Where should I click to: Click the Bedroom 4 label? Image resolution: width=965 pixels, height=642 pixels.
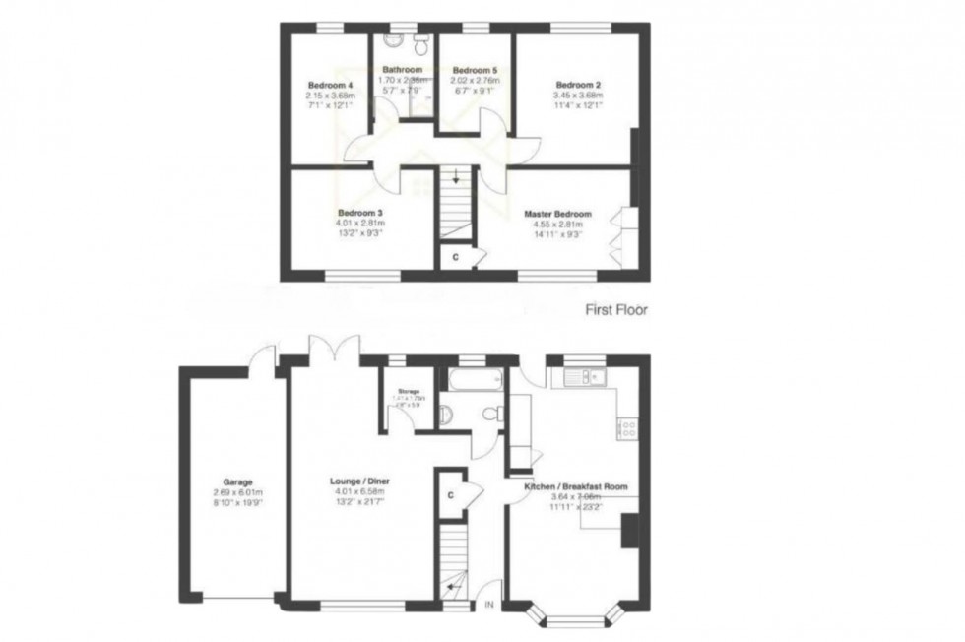(324, 86)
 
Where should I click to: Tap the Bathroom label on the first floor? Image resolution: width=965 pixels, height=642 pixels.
(402, 70)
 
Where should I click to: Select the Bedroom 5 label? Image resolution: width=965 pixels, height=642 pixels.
(476, 71)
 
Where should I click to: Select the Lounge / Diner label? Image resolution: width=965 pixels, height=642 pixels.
(359, 481)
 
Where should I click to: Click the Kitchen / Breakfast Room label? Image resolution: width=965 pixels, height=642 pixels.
(578, 486)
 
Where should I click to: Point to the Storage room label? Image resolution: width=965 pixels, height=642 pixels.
(409, 391)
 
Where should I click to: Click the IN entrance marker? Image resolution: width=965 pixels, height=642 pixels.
(488, 604)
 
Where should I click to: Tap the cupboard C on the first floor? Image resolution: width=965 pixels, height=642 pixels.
(454, 257)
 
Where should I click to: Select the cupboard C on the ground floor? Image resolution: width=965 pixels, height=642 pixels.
(450, 495)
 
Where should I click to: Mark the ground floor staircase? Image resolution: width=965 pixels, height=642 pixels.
(455, 562)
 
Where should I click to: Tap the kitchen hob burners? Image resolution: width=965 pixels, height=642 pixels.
(626, 427)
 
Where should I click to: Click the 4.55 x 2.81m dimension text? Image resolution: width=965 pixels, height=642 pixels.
(557, 225)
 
